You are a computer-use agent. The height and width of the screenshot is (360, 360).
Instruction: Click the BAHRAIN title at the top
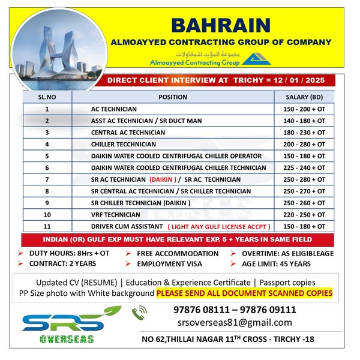coord(220,25)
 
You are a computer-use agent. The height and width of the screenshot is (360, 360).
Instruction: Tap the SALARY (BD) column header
coord(303,97)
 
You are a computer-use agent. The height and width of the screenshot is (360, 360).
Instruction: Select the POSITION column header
coord(173,97)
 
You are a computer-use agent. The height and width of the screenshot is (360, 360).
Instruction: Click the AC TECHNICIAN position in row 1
coord(114,109)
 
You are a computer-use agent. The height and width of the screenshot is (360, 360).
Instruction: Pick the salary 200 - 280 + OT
coord(303,144)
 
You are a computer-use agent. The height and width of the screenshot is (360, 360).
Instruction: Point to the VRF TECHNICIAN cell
coord(115,214)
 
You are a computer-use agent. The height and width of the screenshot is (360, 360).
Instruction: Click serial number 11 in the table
coord(47,226)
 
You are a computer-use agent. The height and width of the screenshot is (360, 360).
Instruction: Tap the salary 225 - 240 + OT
coord(303,167)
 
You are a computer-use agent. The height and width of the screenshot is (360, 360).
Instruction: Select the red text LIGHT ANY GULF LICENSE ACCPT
coord(220,226)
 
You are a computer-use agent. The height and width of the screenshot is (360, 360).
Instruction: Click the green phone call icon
coord(139,311)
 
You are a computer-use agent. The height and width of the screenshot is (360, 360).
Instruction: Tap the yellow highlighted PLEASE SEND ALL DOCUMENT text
coord(244,293)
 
